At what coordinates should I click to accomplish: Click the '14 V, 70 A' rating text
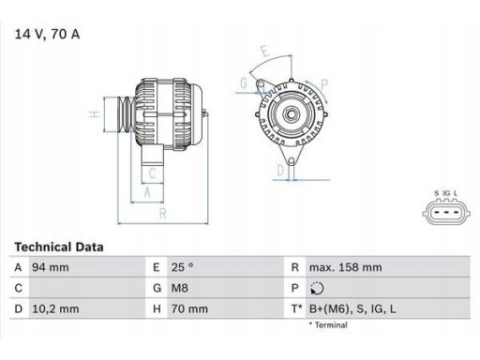point(48,35)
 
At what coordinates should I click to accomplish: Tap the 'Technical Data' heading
point(59,247)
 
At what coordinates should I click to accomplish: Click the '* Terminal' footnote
point(327,325)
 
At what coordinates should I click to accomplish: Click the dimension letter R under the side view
point(164,214)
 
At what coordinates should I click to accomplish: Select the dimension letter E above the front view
point(264,52)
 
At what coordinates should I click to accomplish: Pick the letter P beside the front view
point(323,83)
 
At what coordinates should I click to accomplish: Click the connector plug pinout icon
point(446,214)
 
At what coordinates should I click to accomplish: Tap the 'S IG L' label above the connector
point(446,194)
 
